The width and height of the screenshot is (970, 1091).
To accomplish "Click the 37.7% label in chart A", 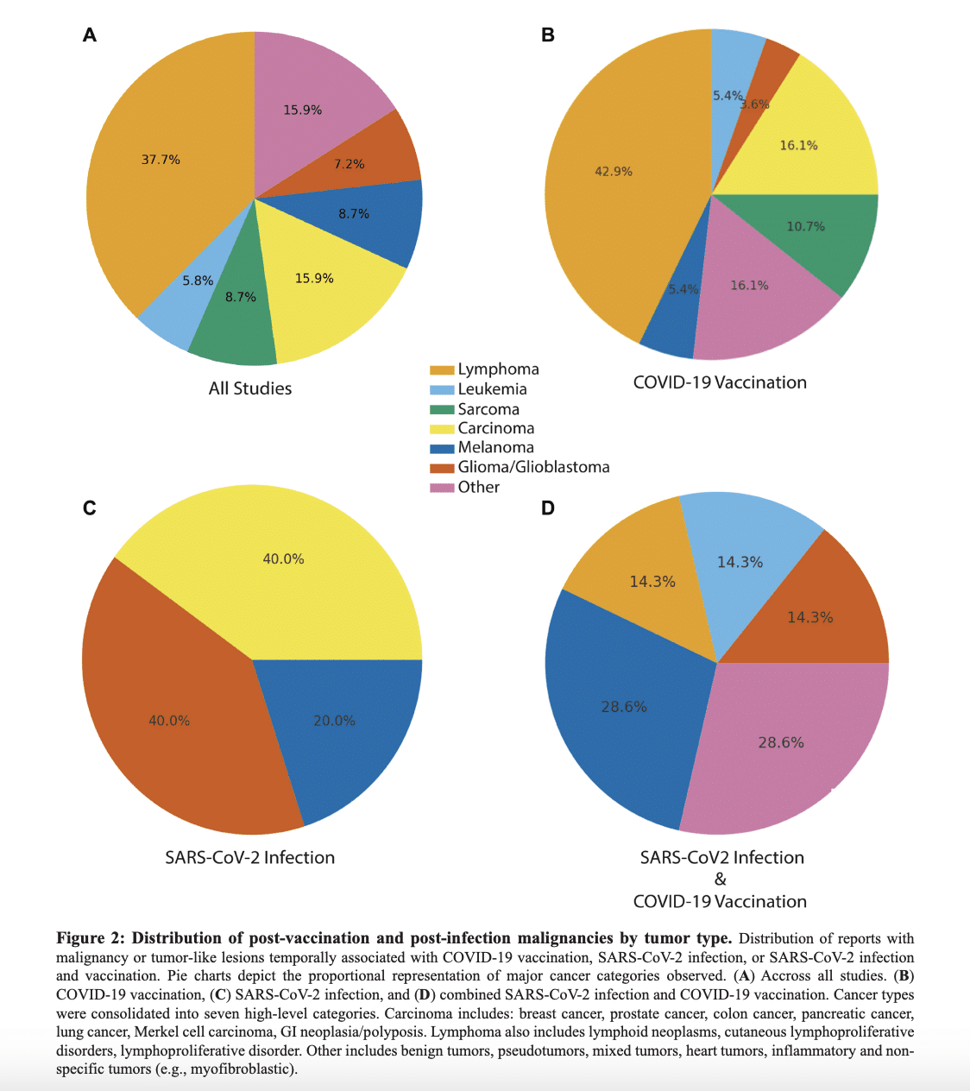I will (161, 160).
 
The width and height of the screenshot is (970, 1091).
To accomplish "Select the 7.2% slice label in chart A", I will (350, 164).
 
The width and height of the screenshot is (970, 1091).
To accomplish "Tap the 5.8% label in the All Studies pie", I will (198, 281).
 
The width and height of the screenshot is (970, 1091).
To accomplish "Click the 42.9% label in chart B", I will (614, 172).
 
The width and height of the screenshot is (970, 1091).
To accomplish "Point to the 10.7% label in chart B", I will (805, 226).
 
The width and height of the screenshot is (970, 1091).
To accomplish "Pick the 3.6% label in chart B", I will (754, 104).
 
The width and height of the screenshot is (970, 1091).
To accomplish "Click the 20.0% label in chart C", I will (334, 721).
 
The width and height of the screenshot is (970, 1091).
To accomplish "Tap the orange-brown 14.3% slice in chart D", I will (809, 617).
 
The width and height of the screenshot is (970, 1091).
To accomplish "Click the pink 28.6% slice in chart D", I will (781, 742).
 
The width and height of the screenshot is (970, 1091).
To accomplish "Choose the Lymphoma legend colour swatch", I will (442, 370).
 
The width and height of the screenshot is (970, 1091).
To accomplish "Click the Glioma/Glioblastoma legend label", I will (533, 467).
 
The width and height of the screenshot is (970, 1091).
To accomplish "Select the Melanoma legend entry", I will (495, 447).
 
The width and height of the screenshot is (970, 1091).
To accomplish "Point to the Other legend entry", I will (478, 487).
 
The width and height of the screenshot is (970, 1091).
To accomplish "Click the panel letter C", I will (89, 508).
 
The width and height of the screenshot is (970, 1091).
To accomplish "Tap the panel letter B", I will (547, 35).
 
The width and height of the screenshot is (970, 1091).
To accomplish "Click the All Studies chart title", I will (250, 388).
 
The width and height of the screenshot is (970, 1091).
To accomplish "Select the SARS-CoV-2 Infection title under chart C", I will (249, 857).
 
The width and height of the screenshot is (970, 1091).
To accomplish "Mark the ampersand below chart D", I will (720, 880).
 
